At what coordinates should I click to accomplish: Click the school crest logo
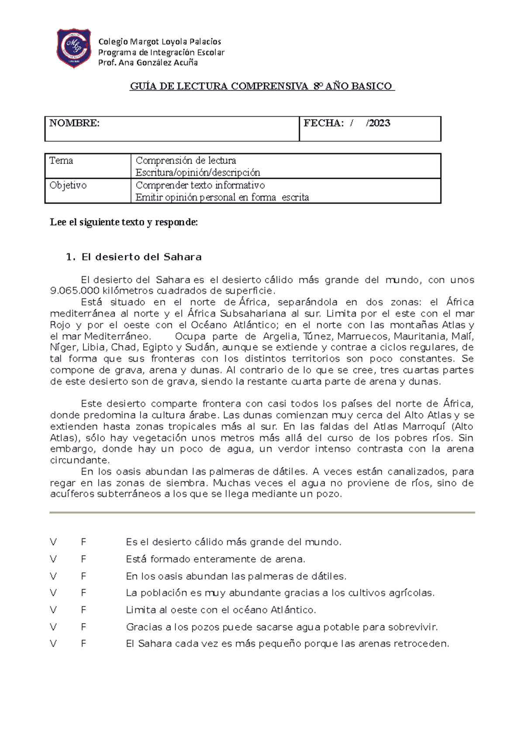74,48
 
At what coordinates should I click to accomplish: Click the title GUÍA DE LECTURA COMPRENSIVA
262,86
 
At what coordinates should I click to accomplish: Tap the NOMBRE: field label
75,123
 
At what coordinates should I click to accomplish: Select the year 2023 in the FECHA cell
379,123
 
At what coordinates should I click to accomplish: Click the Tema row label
61,160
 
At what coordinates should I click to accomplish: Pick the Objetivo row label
68,185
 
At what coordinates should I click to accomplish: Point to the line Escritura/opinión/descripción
198,172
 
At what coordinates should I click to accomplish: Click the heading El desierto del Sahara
141,257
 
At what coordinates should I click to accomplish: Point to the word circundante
79,460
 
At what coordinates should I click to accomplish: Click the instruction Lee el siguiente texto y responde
124,222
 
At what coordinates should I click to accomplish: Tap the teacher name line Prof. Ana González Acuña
148,62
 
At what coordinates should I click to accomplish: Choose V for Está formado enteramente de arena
53,559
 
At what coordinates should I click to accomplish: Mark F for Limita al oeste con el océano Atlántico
83,610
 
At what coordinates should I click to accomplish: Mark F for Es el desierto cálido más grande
83,542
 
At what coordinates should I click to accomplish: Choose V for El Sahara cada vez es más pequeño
53,644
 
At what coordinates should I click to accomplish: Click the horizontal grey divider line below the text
262,512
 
